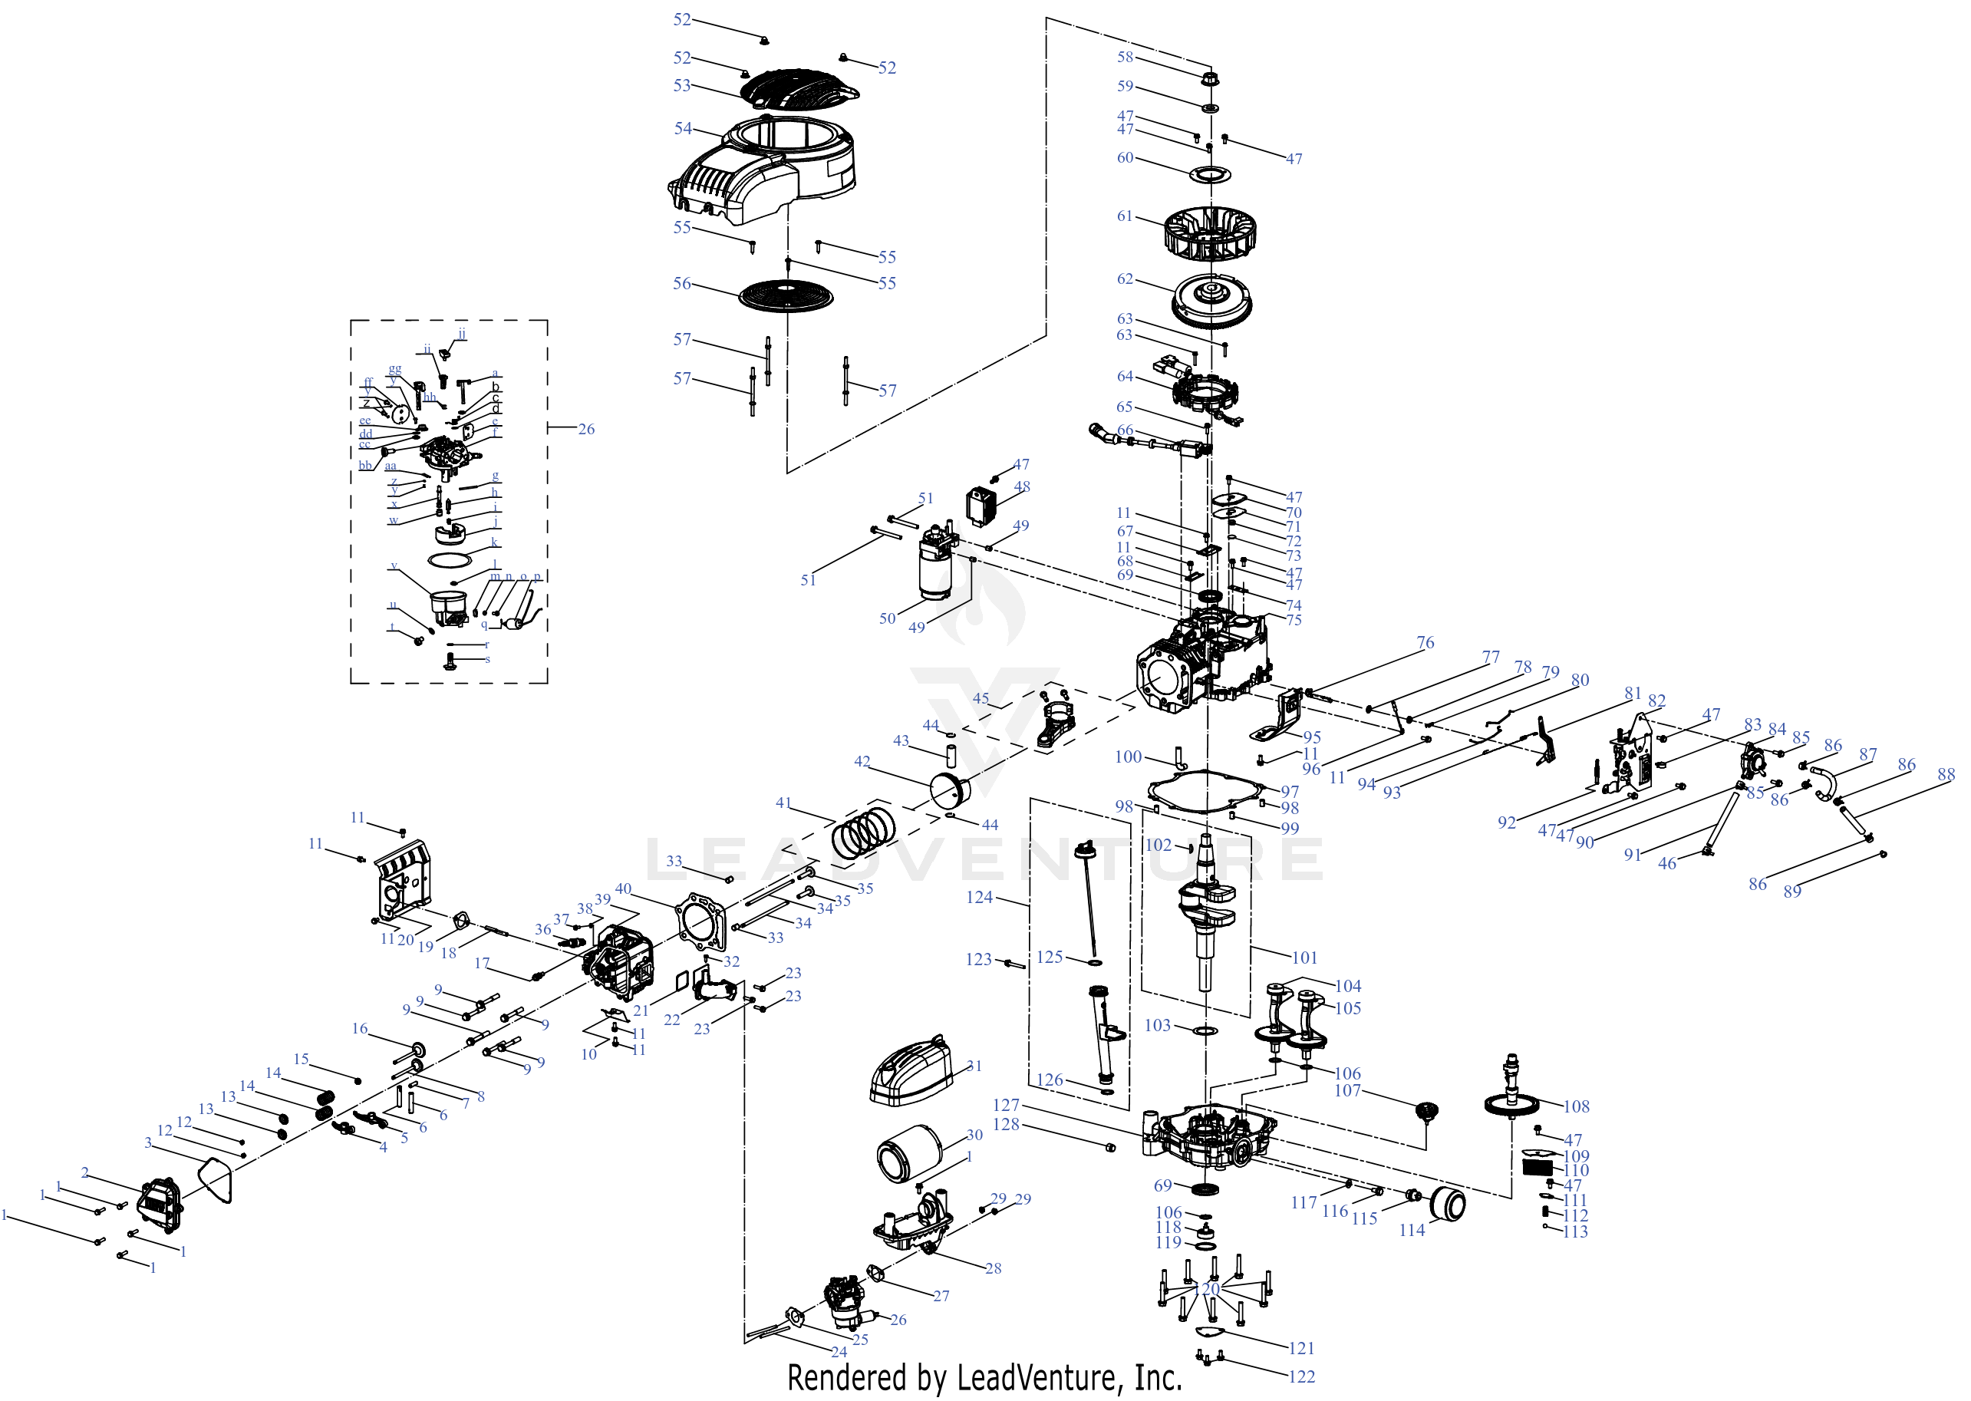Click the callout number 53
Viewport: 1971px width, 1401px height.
(x=681, y=85)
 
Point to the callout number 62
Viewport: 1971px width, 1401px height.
(x=1125, y=279)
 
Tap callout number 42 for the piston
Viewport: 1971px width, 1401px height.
(x=862, y=762)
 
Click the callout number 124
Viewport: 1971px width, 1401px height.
(x=979, y=897)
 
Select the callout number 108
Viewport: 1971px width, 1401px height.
(x=1576, y=1107)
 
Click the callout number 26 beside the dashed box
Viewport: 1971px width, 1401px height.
(x=585, y=430)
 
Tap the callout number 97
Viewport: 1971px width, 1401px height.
(x=1289, y=792)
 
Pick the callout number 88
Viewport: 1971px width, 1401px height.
(x=1946, y=775)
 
